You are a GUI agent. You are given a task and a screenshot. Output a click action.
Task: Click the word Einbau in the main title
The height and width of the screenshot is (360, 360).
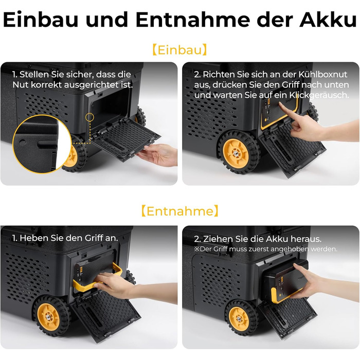pyautogui.click(x=41, y=20)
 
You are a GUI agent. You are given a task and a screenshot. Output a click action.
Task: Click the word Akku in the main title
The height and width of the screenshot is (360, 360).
pyautogui.click(x=328, y=20)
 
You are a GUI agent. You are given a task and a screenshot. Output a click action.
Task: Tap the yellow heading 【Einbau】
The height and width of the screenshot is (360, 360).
pyautogui.click(x=180, y=50)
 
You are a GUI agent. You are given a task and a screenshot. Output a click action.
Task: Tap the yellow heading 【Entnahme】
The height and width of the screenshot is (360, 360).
pyautogui.click(x=180, y=211)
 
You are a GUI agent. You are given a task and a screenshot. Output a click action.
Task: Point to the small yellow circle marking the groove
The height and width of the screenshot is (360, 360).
pyautogui.click(x=89, y=117)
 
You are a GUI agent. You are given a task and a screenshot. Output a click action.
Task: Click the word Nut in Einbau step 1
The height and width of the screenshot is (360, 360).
pyautogui.click(x=21, y=85)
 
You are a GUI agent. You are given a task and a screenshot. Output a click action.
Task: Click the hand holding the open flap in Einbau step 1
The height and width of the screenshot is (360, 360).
pyautogui.click(x=158, y=154)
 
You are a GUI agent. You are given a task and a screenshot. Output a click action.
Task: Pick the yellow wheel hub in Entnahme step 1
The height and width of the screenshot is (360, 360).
pyautogui.click(x=49, y=317)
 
